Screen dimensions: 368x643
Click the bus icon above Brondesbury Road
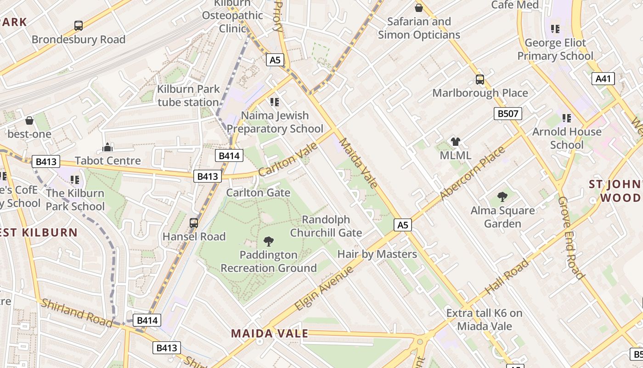[x=79, y=26]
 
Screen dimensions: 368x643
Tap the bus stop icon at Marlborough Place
[x=480, y=80]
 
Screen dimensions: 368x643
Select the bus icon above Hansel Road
[x=194, y=223]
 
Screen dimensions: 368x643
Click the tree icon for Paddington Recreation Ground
[x=269, y=241]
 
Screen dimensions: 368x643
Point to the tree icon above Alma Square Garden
[x=502, y=197]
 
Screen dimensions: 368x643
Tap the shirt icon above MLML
[x=455, y=142]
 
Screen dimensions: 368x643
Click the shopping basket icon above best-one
[x=29, y=121]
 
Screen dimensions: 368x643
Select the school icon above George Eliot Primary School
[x=555, y=29]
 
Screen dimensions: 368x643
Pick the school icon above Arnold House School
[x=567, y=118]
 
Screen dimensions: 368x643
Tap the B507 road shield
[x=508, y=114]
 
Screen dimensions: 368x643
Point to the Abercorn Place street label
[x=472, y=173]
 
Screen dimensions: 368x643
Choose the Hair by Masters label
[x=377, y=254]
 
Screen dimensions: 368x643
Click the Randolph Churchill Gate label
[x=326, y=226]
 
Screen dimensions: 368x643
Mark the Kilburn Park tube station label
[x=188, y=96]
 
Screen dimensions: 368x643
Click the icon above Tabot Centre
[x=108, y=147]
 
